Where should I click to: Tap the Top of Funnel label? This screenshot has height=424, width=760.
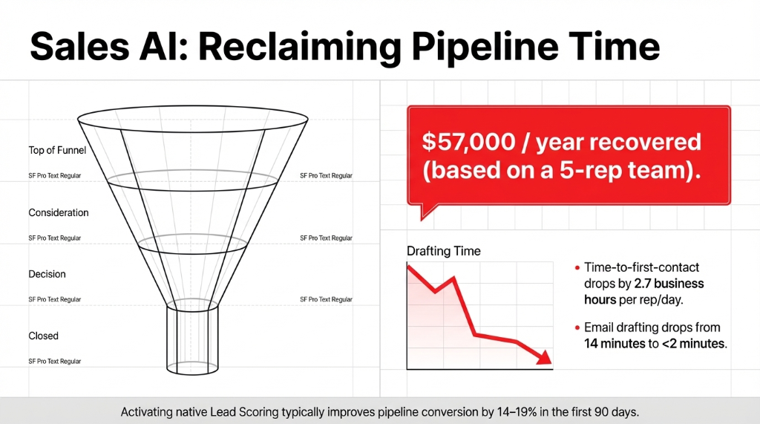click(57, 151)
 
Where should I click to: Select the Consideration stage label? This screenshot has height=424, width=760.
click(59, 212)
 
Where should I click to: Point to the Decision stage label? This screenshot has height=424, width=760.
click(47, 274)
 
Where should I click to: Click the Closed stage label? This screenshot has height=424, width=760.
click(43, 336)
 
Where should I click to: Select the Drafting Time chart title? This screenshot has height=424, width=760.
click(443, 251)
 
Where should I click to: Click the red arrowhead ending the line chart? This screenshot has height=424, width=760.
click(546, 357)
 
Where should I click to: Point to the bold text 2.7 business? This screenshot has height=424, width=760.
click(669, 284)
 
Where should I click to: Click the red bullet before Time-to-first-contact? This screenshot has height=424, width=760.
click(577, 267)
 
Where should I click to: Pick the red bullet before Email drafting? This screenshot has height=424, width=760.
click(577, 327)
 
